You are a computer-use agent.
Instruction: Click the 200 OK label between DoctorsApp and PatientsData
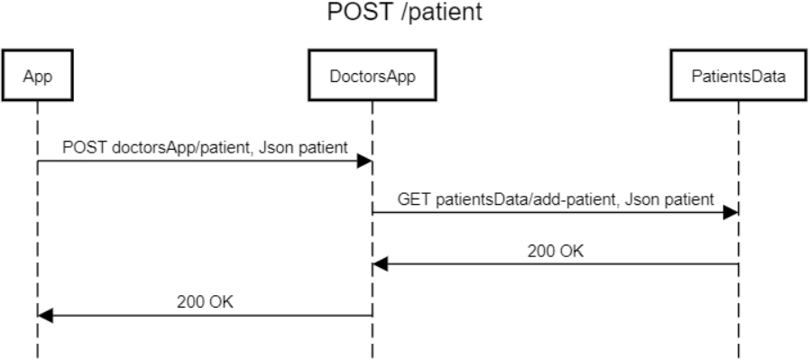pyautogui.click(x=556, y=250)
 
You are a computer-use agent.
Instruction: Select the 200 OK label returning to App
pyautogui.click(x=207, y=301)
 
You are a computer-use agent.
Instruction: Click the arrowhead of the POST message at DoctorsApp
pyautogui.click(x=365, y=161)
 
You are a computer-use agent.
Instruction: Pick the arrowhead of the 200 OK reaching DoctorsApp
pyautogui.click(x=381, y=264)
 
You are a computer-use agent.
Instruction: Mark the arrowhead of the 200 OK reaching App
pyautogui.click(x=46, y=316)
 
